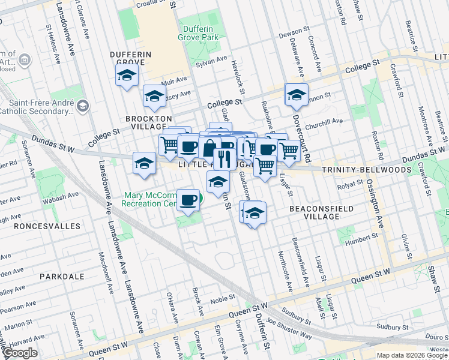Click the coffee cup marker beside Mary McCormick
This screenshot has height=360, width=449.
coord(188,199)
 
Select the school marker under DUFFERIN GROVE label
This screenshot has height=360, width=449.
coord(127,76)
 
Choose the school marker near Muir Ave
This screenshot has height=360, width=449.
coord(154,95)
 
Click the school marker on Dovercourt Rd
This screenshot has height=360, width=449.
coord(296,94)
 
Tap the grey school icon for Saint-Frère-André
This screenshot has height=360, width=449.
coord(82,106)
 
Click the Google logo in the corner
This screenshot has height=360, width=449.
coord(20,353)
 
